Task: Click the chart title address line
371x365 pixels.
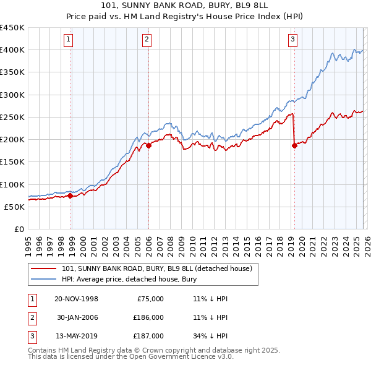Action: pyautogui.click(x=185, y=6)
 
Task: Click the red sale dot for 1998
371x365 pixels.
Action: pyautogui.click(x=70, y=195)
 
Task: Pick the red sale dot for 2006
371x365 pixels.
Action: pyautogui.click(x=148, y=146)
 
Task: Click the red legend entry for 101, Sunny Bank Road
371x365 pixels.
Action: pyautogui.click(x=157, y=269)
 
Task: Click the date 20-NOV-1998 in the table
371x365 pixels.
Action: pyautogui.click(x=76, y=299)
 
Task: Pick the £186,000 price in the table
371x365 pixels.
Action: pyautogui.click(x=148, y=317)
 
